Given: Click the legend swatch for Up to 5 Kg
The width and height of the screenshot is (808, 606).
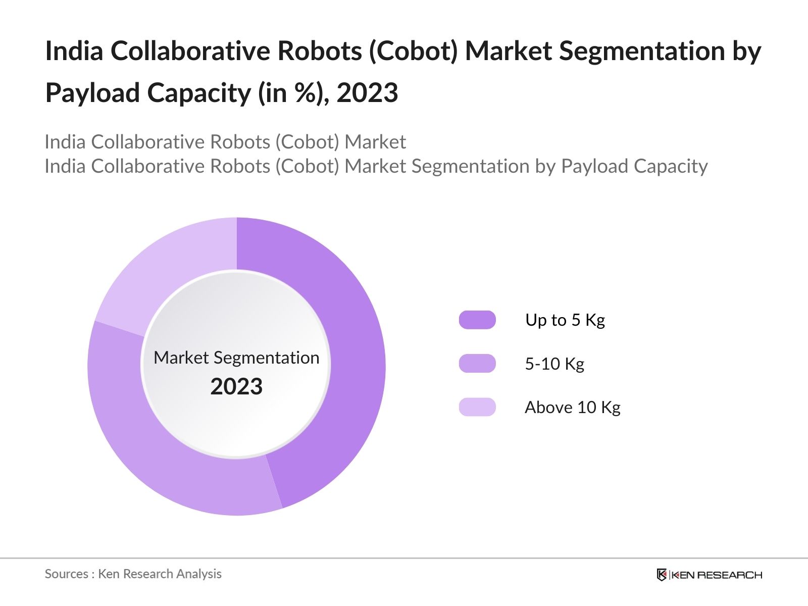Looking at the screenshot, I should pyautogui.click(x=477, y=320).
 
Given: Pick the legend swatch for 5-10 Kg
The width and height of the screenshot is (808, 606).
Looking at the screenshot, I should pyautogui.click(x=477, y=364).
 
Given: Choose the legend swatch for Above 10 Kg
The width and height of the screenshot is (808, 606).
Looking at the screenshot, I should pyautogui.click(x=477, y=407).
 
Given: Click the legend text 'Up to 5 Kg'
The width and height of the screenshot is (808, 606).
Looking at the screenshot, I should pyautogui.click(x=565, y=320).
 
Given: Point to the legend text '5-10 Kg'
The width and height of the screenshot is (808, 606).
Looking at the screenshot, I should pyautogui.click(x=554, y=364).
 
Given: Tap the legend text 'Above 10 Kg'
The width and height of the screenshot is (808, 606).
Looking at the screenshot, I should pyautogui.click(x=572, y=407).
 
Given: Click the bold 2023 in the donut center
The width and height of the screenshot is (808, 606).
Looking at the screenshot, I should pyautogui.click(x=236, y=387).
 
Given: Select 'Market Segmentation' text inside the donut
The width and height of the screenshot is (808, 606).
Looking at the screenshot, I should pyautogui.click(x=236, y=358).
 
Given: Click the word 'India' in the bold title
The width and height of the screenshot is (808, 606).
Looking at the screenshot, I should pyautogui.click(x=74, y=51).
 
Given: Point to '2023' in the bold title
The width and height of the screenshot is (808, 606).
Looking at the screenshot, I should pyautogui.click(x=367, y=93).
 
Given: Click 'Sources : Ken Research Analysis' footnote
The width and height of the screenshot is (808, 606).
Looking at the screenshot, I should pyautogui.click(x=133, y=574).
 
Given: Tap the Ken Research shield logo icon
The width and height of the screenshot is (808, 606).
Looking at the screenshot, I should pyautogui.click(x=662, y=575).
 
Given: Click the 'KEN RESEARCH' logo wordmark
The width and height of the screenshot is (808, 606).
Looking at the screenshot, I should pyautogui.click(x=717, y=575).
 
